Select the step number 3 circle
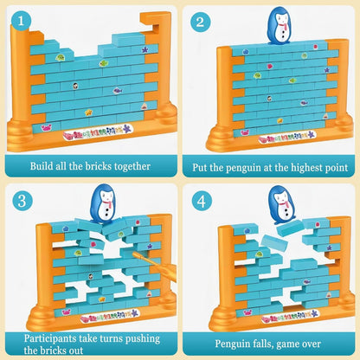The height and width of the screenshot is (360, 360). (x=22, y=201)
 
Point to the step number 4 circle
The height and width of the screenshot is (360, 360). (x=200, y=201)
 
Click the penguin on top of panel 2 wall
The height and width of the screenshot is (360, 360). (x=280, y=26)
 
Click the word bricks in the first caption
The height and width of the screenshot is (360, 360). (x=102, y=166)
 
